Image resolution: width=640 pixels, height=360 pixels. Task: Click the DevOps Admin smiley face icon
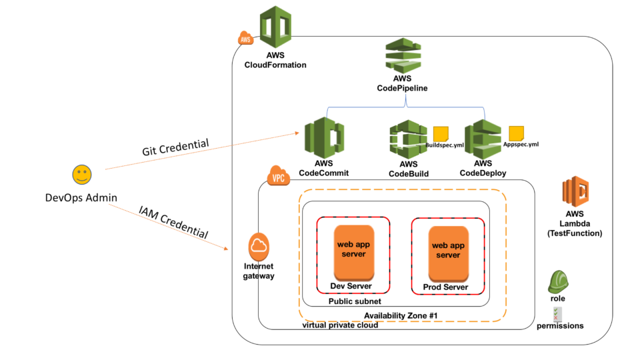81,175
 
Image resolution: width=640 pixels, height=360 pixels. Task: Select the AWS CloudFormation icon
275,27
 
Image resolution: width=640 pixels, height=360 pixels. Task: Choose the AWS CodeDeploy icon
483,138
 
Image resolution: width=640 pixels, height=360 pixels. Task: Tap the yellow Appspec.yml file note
516,132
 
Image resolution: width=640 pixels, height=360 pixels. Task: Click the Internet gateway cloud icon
259,247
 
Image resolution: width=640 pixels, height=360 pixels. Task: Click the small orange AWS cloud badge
245,39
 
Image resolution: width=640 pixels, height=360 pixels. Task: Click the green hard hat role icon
558,282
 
